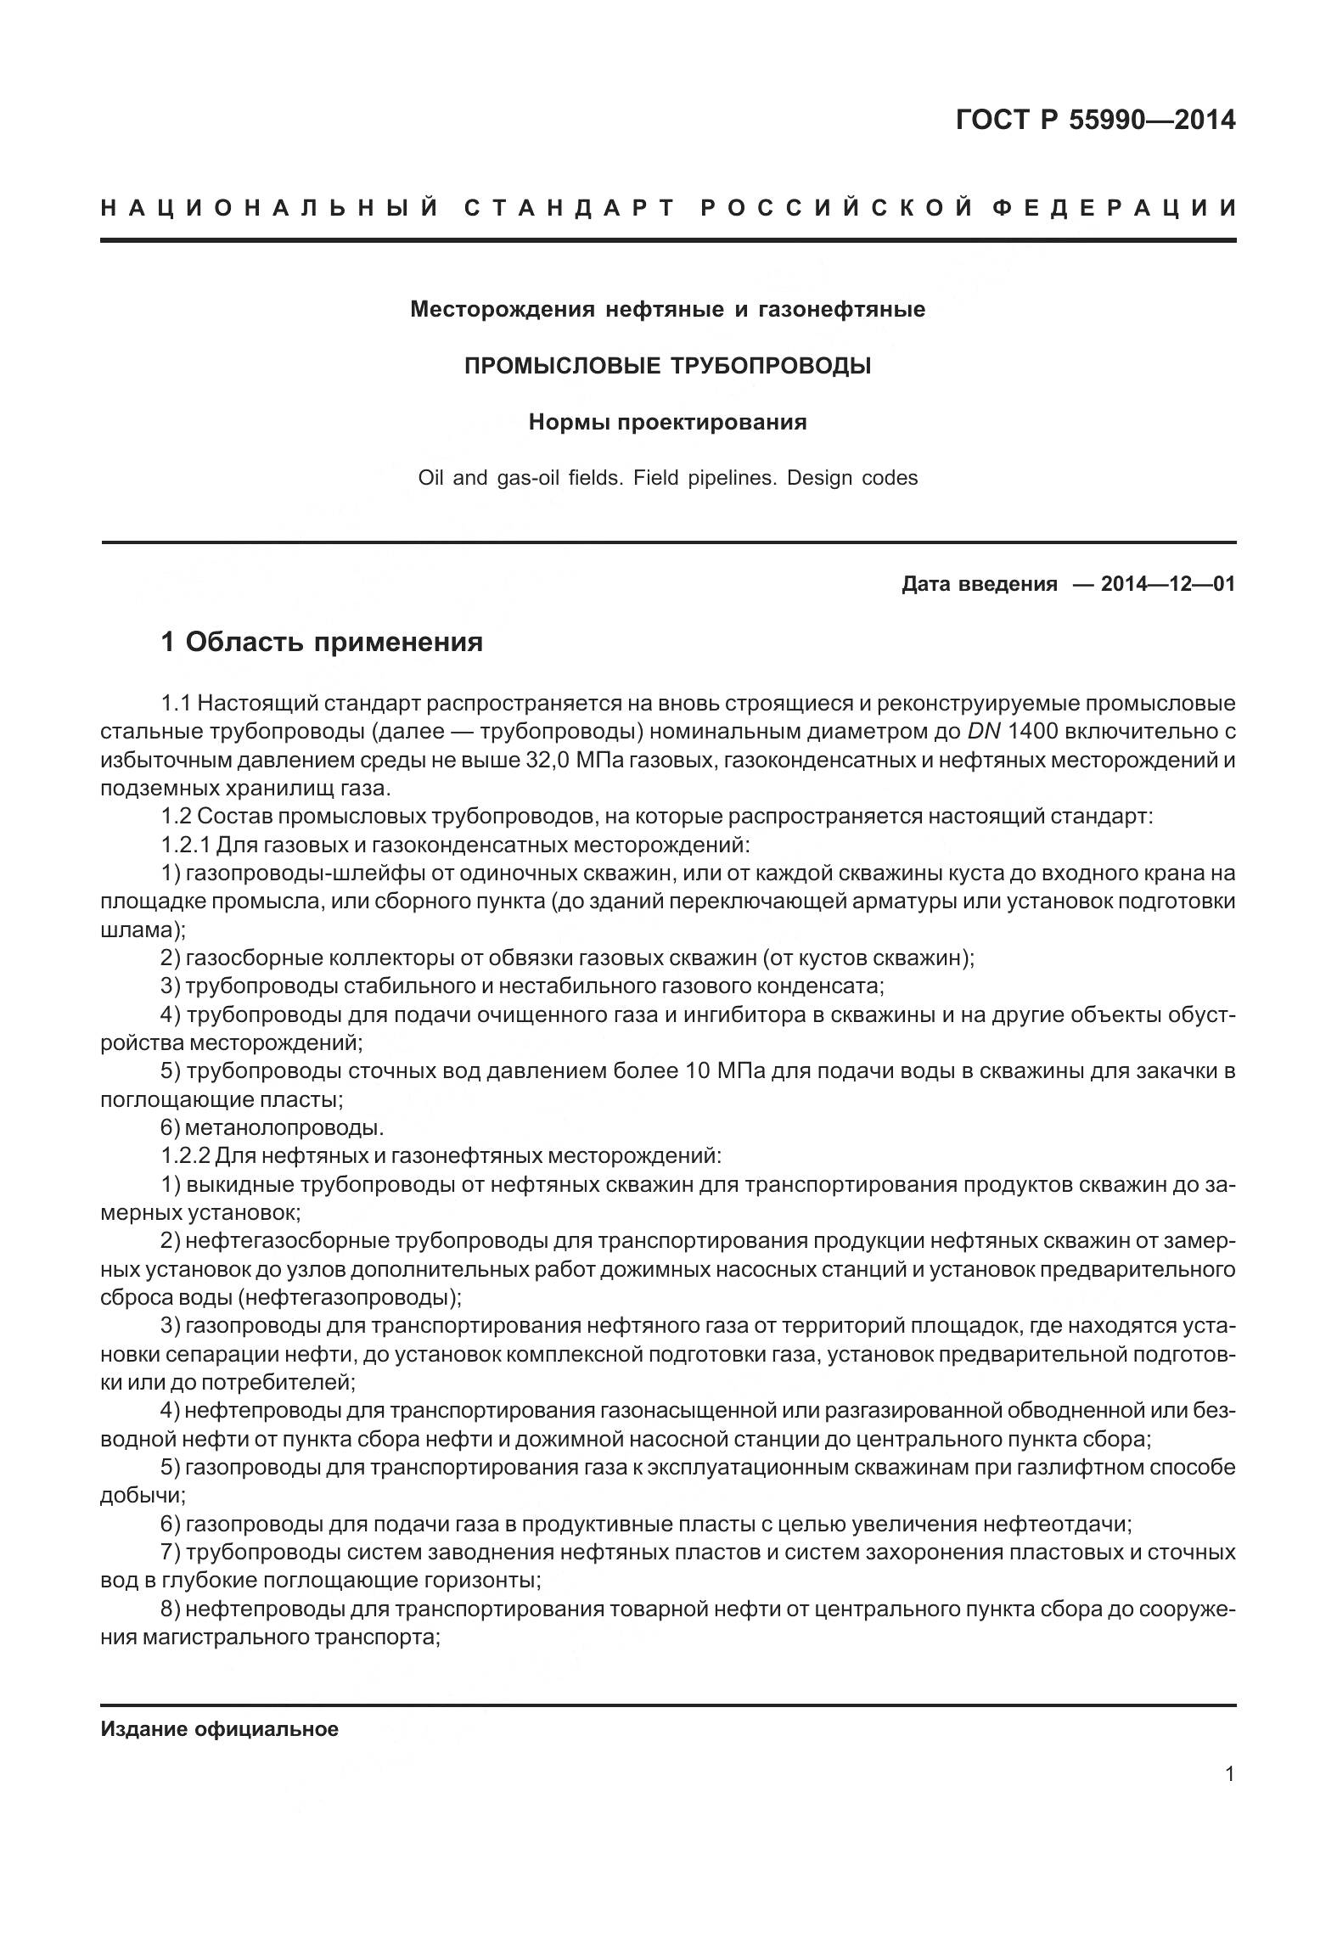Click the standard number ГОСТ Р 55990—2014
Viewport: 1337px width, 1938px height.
point(1095,121)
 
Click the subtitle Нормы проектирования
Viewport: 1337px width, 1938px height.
point(667,422)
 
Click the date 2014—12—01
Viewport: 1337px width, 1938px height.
point(1167,584)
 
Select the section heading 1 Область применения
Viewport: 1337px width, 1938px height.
point(322,642)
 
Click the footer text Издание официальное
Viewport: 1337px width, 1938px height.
point(219,1705)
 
